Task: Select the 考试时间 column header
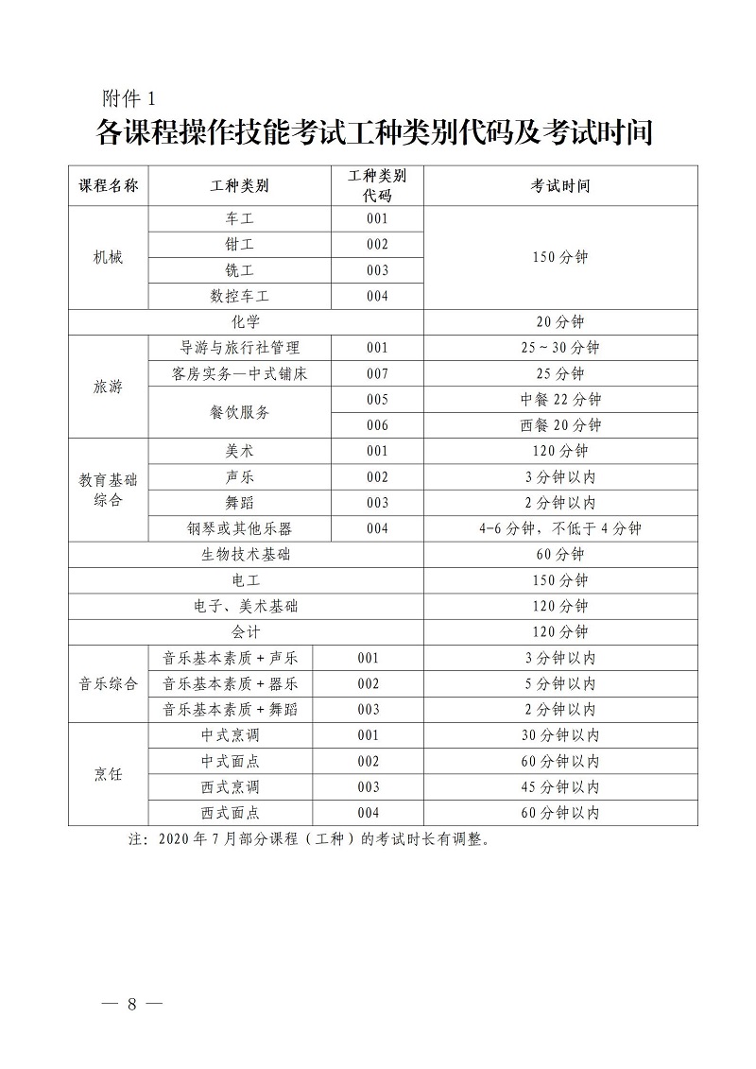(x=560, y=185)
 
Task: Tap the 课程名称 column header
(x=108, y=185)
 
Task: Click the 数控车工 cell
(x=240, y=296)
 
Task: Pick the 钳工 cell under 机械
(x=240, y=244)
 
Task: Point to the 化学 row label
(x=246, y=321)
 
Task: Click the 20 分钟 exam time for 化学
(x=560, y=321)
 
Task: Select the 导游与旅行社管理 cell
(x=240, y=348)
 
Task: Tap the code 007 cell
(x=377, y=373)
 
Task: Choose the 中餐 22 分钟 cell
(x=560, y=399)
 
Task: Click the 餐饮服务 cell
(x=240, y=412)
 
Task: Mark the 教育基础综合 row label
(x=108, y=490)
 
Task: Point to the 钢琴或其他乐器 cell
(x=240, y=528)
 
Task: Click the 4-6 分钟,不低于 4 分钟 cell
(x=560, y=528)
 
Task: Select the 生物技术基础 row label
(x=246, y=554)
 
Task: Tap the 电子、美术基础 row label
(x=246, y=606)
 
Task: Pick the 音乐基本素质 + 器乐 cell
(x=231, y=683)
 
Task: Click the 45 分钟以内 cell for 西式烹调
(x=560, y=786)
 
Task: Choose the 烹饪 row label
(x=108, y=773)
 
